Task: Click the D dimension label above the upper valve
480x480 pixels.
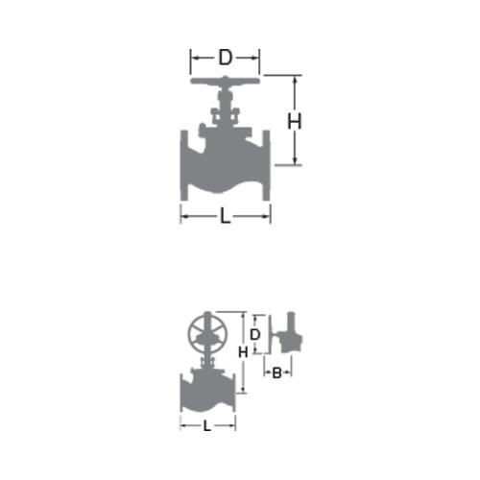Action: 226,58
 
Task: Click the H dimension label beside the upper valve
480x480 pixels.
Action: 294,122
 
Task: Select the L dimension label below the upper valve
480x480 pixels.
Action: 226,216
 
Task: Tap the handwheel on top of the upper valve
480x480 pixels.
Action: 226,81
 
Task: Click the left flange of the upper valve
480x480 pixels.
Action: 184,165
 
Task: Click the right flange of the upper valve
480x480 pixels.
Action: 267,165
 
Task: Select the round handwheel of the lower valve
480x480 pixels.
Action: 207,332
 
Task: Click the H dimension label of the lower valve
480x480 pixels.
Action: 243,352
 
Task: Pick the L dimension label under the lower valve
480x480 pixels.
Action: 207,426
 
